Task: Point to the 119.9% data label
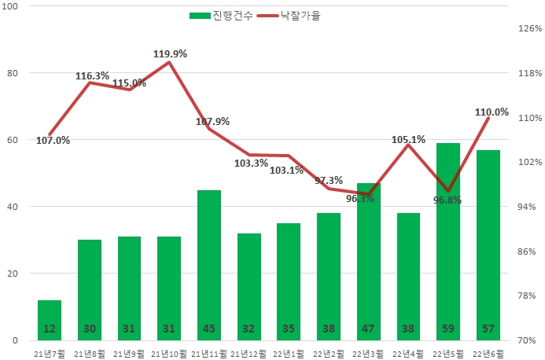click(169, 53)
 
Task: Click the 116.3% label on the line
click(93, 76)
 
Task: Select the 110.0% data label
click(492, 112)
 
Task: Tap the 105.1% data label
click(408, 140)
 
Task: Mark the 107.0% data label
click(53, 141)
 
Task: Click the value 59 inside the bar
click(447, 329)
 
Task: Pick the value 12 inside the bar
click(49, 329)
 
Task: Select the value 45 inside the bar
click(208, 329)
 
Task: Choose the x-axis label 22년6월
click(488, 353)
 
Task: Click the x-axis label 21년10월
click(169, 353)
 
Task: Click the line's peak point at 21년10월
click(169, 62)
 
